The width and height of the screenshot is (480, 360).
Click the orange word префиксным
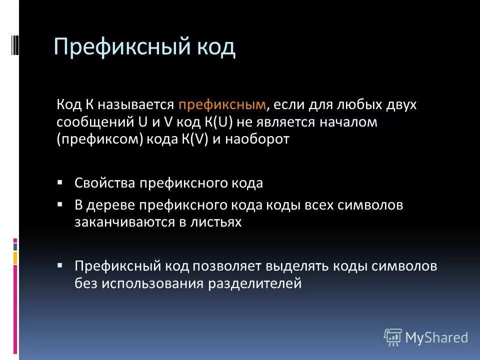point(222,105)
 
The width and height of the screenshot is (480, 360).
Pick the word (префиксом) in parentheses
point(100,139)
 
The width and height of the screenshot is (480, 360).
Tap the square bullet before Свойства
point(60,182)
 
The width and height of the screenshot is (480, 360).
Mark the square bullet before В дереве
point(60,204)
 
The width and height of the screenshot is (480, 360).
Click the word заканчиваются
point(124,222)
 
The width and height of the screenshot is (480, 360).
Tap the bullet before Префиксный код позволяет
point(60,265)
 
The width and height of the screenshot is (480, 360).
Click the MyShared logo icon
point(393,337)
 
